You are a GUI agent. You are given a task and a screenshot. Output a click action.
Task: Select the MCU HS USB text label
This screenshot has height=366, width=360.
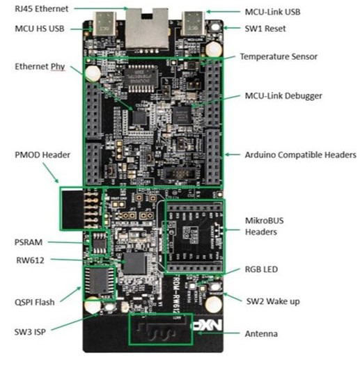pyautogui.click(x=43, y=29)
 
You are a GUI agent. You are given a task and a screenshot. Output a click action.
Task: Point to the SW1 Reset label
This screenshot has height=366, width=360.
pyautogui.click(x=265, y=29)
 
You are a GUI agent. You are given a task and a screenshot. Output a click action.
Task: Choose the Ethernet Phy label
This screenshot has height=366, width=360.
pyautogui.click(x=42, y=67)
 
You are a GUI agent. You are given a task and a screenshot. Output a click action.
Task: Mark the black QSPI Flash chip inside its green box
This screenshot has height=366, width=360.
pyautogui.click(x=100, y=282)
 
